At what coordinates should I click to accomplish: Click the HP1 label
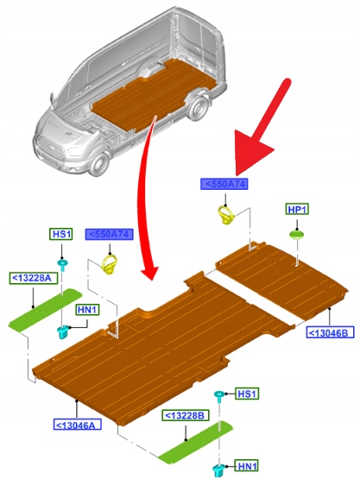[x=297, y=209]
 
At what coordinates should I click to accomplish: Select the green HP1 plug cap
[x=297, y=235]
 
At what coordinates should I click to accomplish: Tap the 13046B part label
[x=330, y=332]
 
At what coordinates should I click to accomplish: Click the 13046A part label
[x=78, y=425]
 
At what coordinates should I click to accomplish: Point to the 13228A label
[x=34, y=278]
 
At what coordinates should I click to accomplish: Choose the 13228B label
[x=186, y=416]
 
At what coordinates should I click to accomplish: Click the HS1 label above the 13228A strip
[x=61, y=234]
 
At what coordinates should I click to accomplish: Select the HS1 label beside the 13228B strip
[x=247, y=394]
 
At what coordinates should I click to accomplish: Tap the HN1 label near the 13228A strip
[x=87, y=310]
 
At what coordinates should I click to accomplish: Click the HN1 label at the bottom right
[x=247, y=466]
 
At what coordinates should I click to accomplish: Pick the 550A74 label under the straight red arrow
[x=224, y=184]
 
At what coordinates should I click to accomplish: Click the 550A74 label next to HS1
[x=109, y=235]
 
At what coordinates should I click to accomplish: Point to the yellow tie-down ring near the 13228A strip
[x=110, y=264]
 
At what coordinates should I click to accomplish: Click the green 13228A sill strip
[x=45, y=309]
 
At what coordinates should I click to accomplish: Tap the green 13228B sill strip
[x=196, y=442]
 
